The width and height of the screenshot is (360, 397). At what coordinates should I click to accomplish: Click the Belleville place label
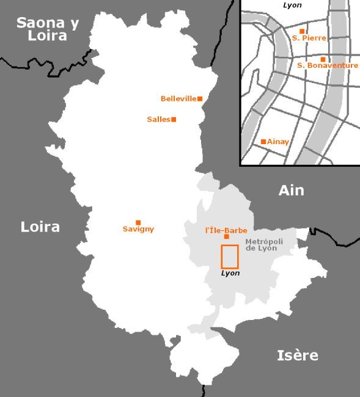(x=178, y=98)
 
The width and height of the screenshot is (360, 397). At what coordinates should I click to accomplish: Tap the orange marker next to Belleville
(x=200, y=98)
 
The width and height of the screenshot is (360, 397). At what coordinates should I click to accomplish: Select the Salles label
(x=158, y=119)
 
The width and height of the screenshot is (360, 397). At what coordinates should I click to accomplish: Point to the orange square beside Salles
(x=174, y=119)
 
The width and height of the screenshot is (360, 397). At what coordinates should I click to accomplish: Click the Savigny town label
(x=139, y=230)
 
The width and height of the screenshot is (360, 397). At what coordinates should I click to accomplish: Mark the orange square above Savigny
(x=138, y=222)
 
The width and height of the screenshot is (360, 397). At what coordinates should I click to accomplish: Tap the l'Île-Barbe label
(x=226, y=230)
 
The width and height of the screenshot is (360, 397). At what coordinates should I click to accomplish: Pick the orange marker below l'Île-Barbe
(x=227, y=237)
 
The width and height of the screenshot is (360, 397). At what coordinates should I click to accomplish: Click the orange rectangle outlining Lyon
(x=229, y=257)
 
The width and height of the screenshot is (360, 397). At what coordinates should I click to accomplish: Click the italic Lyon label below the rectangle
(x=230, y=273)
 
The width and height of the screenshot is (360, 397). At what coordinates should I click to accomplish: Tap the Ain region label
(x=291, y=191)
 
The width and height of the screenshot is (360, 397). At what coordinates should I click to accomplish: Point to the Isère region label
(x=298, y=355)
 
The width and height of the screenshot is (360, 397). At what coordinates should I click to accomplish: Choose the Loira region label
(x=40, y=227)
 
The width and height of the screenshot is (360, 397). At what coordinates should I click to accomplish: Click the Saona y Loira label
(x=48, y=29)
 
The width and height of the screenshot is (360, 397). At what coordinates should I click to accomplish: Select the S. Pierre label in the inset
(x=309, y=38)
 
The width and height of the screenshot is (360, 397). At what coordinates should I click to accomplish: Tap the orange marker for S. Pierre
(x=302, y=31)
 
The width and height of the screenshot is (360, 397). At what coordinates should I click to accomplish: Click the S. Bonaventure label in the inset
(x=328, y=65)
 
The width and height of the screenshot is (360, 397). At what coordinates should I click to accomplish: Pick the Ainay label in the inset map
(x=278, y=142)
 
